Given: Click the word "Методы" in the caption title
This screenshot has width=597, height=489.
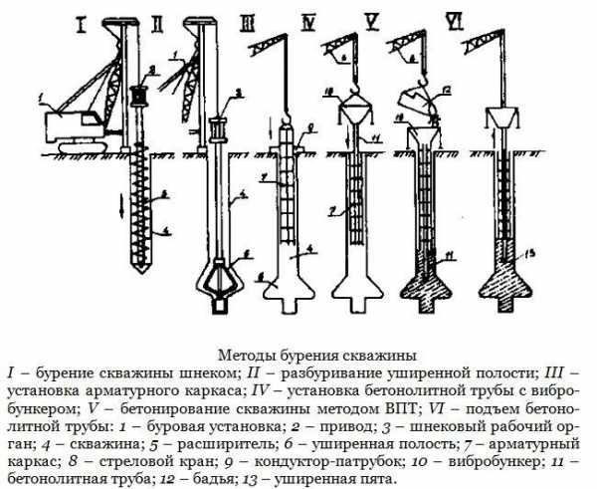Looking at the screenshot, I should pyautogui.click(x=244, y=354).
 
